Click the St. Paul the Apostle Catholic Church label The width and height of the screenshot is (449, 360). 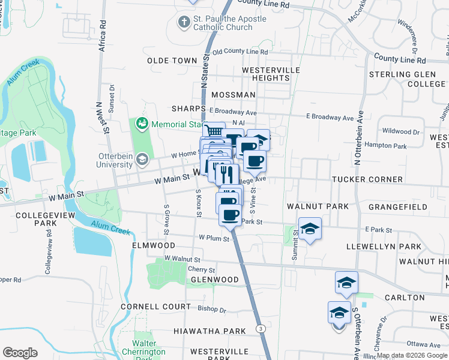[x=222, y=23]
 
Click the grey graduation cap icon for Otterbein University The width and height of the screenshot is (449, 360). [x=142, y=159]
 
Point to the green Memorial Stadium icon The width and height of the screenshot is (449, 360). [x=142, y=124]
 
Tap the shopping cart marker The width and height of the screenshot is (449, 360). [x=213, y=131]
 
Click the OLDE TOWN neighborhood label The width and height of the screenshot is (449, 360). [x=172, y=61]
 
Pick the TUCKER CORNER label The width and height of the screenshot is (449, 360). [x=368, y=179]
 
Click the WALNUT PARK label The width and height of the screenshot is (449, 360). [x=318, y=206]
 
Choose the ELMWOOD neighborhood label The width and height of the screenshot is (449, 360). [x=154, y=245]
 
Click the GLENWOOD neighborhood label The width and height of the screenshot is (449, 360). [x=214, y=280]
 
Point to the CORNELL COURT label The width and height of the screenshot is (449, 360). [x=151, y=306]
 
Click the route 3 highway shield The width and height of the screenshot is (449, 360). [x=260, y=328]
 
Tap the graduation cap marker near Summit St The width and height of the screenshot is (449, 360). [x=310, y=229]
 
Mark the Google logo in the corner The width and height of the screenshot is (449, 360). [x=20, y=353]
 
